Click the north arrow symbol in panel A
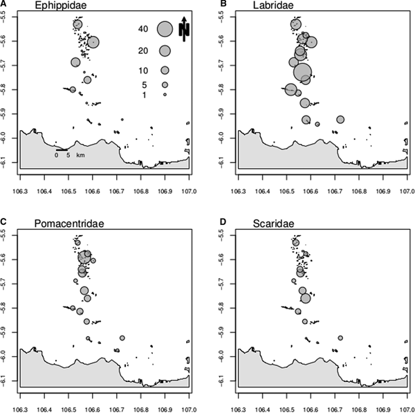pos(185,29)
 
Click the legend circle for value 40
pos(165,29)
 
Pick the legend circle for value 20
pos(165,51)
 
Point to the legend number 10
pos(143,71)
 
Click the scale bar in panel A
pos(62,149)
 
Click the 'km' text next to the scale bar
pos(80,156)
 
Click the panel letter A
pos(5,4)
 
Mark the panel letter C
pos(5,221)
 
